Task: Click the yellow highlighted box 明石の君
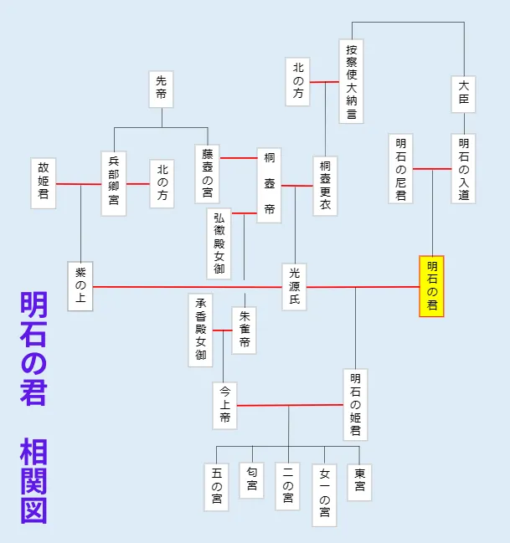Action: click(x=431, y=286)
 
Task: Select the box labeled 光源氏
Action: click(x=294, y=286)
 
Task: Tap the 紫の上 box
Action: click(x=80, y=286)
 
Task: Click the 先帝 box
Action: click(x=162, y=90)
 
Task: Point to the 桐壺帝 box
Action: click(x=269, y=184)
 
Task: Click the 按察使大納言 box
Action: click(x=352, y=80)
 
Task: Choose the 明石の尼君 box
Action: click(x=401, y=168)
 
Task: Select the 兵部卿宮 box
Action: click(x=114, y=183)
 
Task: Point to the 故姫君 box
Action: click(x=44, y=183)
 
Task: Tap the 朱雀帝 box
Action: click(x=244, y=330)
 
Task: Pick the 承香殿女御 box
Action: click(x=200, y=330)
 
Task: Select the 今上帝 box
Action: click(x=224, y=405)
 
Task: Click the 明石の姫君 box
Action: click(x=355, y=405)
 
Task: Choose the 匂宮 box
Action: click(x=251, y=481)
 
